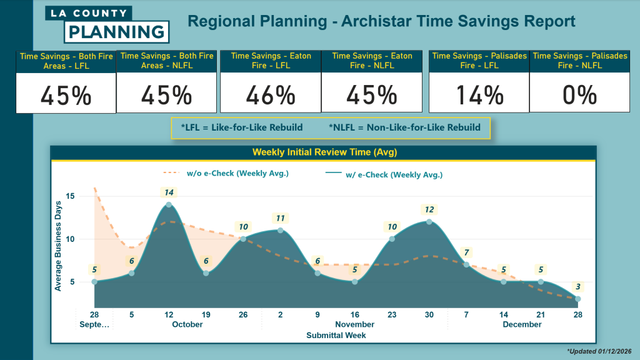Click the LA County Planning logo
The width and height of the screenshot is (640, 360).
tap(107, 23)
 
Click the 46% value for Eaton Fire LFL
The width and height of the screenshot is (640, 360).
tap(271, 95)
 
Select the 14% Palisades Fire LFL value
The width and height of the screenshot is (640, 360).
tap(479, 95)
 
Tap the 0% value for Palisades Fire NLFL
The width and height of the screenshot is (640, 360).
tap(579, 95)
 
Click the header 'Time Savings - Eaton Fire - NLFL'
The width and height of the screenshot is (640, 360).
tap(372, 60)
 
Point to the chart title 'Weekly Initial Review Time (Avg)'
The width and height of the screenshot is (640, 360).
tap(324, 152)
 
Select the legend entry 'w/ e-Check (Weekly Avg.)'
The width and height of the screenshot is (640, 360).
tap(394, 175)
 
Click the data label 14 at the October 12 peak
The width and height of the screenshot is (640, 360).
tap(169, 192)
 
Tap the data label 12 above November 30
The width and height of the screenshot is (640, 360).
tap(429, 209)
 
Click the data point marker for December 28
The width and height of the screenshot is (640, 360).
tap(578, 299)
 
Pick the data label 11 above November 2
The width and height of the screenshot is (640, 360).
tap(280, 218)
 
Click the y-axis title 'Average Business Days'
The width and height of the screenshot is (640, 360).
tap(58, 246)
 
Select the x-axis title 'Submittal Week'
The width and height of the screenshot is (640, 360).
tap(336, 336)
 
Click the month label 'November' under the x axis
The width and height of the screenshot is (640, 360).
tap(354, 324)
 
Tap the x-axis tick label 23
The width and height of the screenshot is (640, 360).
tap(392, 314)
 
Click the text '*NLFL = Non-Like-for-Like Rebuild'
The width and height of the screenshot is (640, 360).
tap(404, 127)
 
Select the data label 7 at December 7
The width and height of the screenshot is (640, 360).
tap(466, 252)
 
